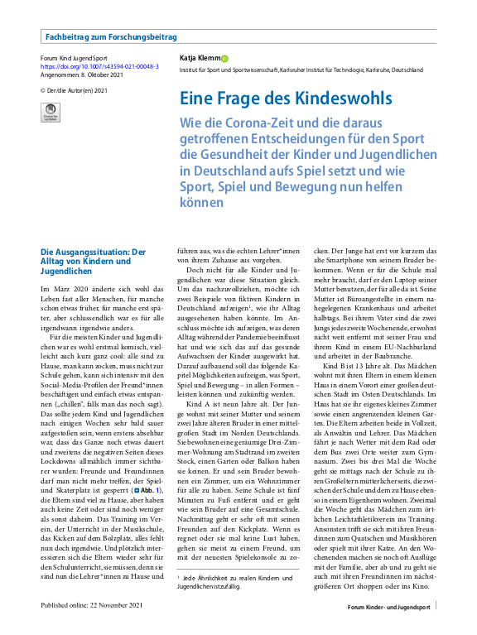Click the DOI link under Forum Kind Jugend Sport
coord(99,66)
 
